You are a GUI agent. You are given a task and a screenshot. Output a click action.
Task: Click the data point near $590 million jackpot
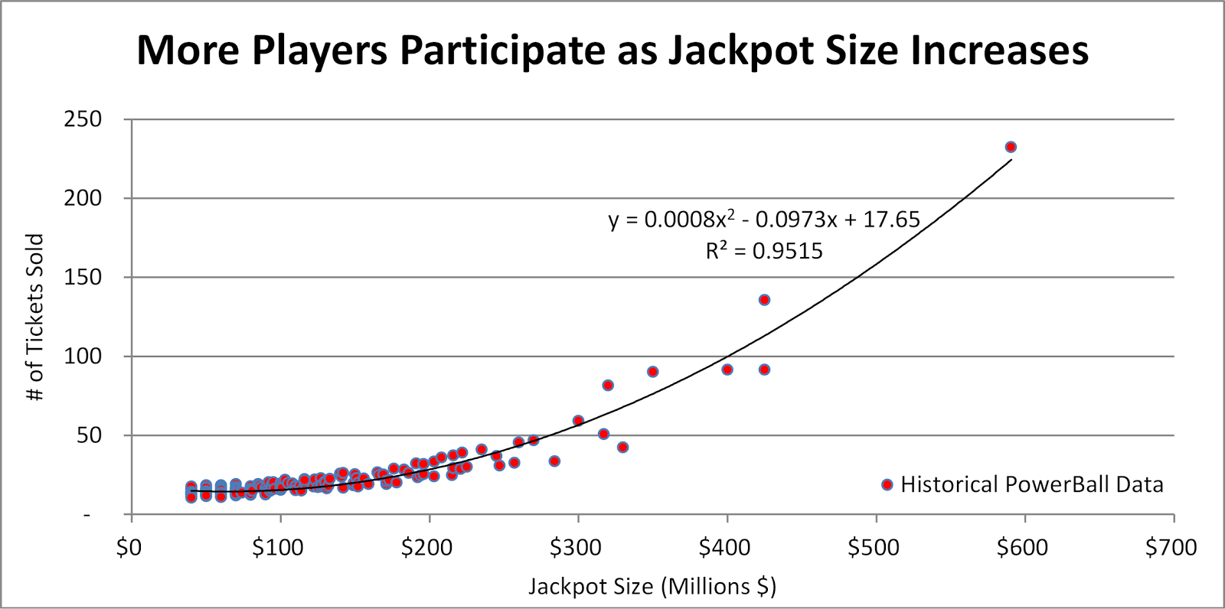(1011, 147)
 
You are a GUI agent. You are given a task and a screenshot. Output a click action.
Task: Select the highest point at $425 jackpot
(764, 300)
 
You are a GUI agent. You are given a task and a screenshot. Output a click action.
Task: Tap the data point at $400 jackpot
(727, 370)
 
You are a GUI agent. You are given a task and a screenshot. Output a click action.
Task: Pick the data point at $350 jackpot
(653, 372)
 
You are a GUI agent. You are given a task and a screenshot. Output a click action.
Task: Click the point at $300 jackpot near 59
(578, 421)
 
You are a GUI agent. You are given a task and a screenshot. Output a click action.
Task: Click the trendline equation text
(764, 220)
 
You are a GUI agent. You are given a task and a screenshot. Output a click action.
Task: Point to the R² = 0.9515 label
(764, 251)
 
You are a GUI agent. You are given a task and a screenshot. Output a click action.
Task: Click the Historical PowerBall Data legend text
(1031, 484)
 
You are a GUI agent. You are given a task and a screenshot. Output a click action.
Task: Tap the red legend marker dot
(887, 484)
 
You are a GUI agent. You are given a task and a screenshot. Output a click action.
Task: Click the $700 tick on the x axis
(1171, 548)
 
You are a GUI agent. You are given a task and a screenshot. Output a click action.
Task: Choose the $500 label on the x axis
(874, 548)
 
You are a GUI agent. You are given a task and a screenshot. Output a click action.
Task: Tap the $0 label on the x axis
(130, 548)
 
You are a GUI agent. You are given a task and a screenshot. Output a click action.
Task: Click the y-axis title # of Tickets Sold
(36, 318)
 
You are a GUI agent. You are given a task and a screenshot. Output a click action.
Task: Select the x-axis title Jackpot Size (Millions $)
(652, 587)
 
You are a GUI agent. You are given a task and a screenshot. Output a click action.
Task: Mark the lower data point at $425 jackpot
(764, 370)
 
